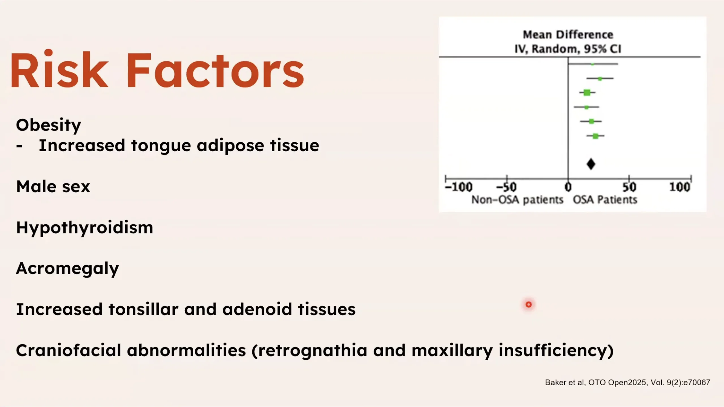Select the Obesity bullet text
tap(48, 125)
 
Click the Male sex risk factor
tap(53, 187)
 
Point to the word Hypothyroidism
tap(85, 228)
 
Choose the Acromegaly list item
tap(67, 269)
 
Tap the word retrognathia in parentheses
tap(312, 350)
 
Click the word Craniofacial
tap(69, 350)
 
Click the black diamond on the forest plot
tap(591, 164)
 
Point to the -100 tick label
tap(458, 187)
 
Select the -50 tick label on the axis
tap(507, 187)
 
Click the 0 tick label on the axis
tap(568, 187)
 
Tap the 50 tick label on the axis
tap(629, 187)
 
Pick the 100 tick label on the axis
tap(680, 187)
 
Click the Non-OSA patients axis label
tap(517, 200)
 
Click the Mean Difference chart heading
tap(568, 35)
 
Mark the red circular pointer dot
tap(529, 304)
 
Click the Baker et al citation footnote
tap(628, 382)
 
